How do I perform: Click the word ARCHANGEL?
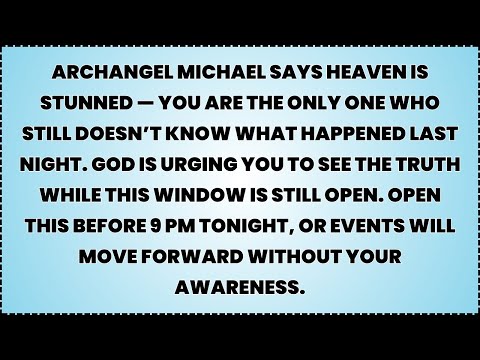pos(122,76)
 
